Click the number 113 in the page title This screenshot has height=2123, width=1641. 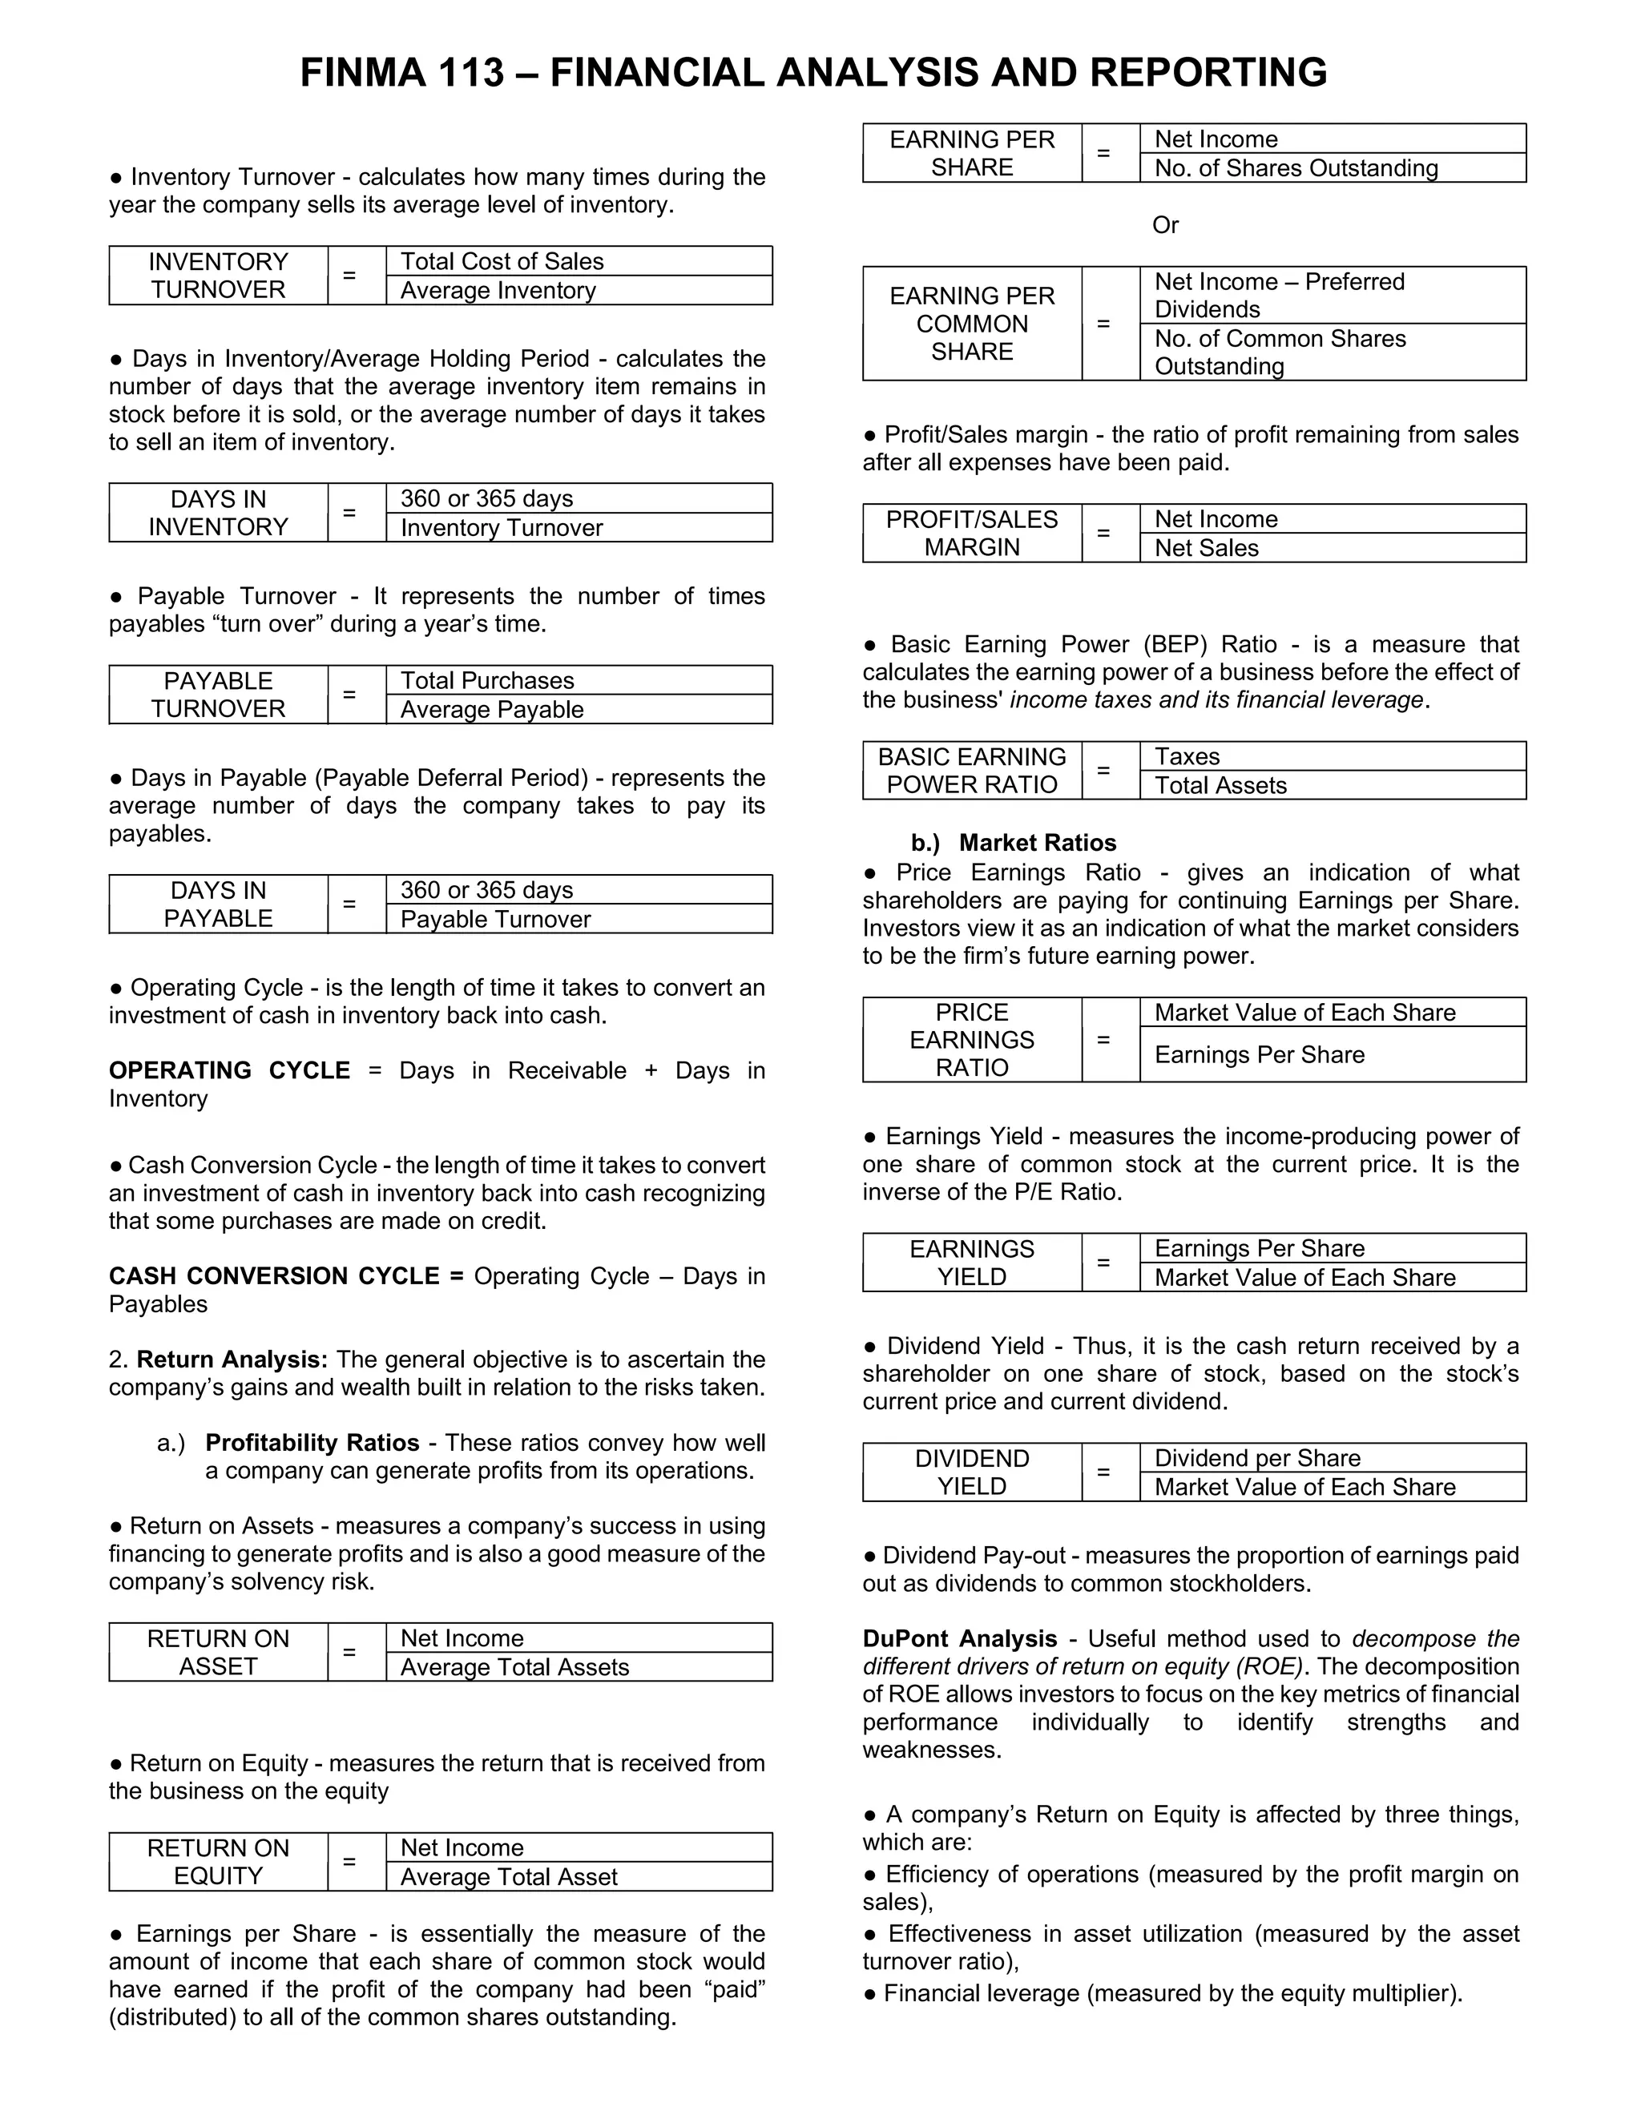tap(470, 73)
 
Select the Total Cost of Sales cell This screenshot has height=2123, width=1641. tap(579, 261)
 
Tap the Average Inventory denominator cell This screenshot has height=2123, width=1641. tap(579, 291)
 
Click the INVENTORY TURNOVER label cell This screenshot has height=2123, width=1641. tap(218, 276)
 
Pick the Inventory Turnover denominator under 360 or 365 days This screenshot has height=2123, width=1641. tap(579, 528)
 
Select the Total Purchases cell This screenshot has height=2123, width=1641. tap(579, 680)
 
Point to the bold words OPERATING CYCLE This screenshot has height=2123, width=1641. tap(229, 1070)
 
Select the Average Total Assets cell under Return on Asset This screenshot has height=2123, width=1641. tap(579, 1667)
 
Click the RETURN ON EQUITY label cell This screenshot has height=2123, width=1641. tap(218, 1862)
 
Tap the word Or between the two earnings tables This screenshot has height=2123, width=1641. tap(1164, 226)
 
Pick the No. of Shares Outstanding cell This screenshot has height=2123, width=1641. tap(1332, 168)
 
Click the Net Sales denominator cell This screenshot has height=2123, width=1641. tap(1332, 548)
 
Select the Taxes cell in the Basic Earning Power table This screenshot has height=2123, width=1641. tap(1332, 756)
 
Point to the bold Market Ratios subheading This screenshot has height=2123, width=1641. tap(1038, 843)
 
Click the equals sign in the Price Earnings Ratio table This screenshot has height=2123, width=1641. tap(1103, 1039)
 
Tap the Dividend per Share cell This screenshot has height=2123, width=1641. tap(1332, 1458)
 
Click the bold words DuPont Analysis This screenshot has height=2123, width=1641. tap(959, 1639)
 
